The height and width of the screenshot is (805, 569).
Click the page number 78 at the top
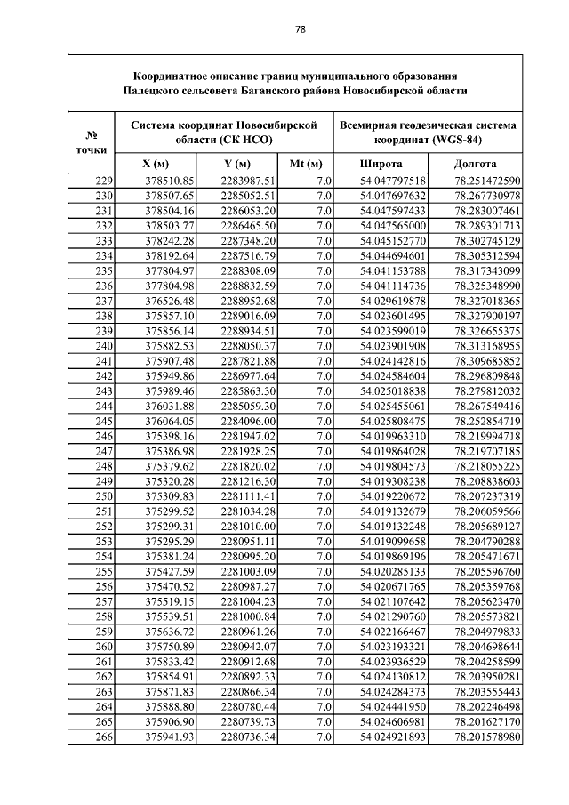301,29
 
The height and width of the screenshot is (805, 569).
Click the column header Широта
381,165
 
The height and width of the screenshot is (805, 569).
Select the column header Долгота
475,165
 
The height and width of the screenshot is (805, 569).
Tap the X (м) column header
156,165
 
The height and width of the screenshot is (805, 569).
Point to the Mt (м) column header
306,165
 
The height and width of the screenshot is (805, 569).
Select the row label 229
103,181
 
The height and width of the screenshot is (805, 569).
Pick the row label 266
103,737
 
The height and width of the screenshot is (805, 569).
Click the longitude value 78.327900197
487,316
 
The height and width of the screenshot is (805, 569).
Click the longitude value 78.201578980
487,737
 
